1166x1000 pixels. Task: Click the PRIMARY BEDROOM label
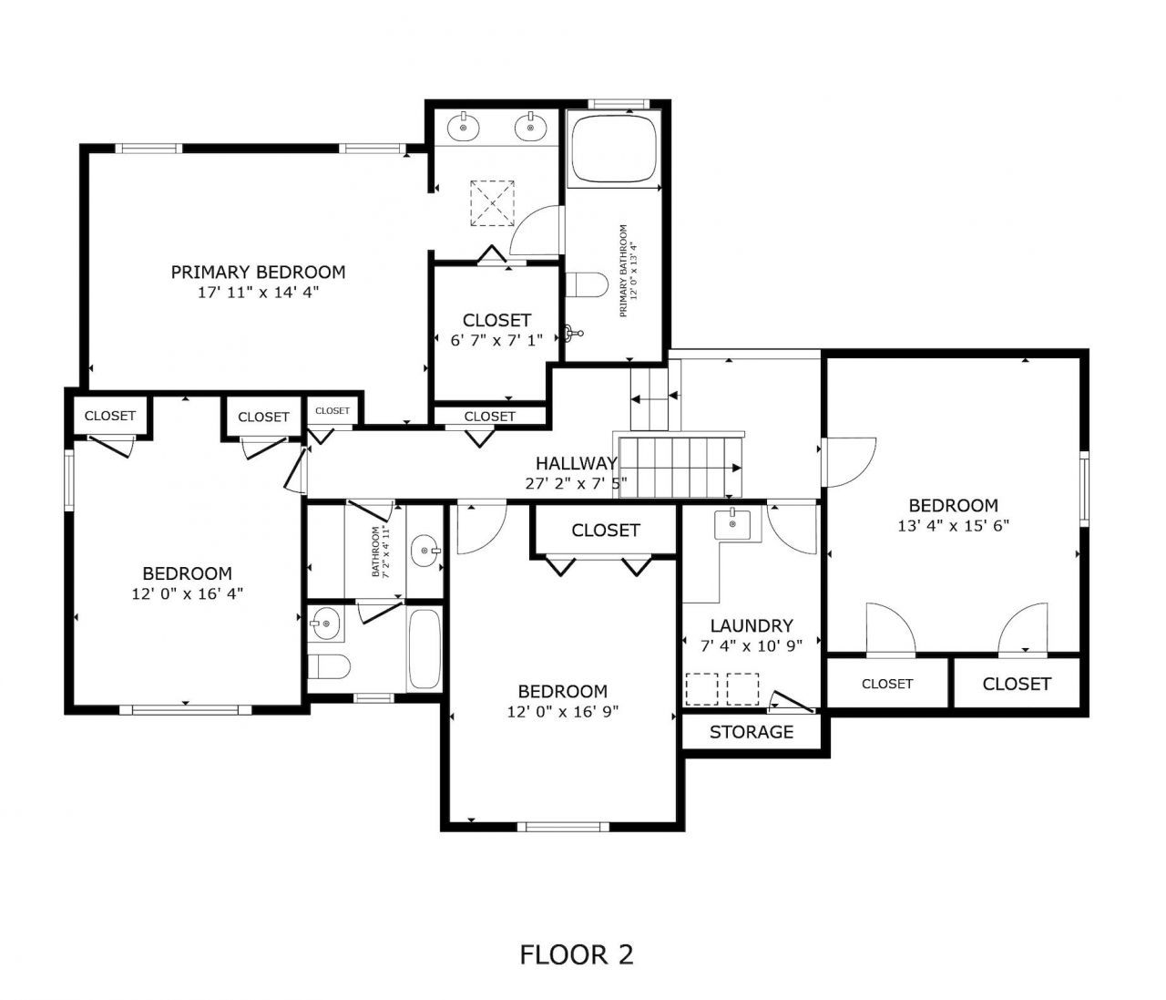(x=258, y=272)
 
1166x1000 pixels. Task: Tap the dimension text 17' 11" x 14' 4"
(x=258, y=293)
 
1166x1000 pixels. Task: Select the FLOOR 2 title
(x=576, y=954)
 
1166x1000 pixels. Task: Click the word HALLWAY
(x=576, y=463)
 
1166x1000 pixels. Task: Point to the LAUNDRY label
(x=752, y=626)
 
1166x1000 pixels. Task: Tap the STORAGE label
(x=752, y=732)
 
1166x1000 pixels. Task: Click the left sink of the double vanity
(x=465, y=128)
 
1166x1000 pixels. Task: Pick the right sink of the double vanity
(x=529, y=128)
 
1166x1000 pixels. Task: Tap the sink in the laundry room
(x=732, y=524)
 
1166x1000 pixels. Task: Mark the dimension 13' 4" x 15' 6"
(x=953, y=525)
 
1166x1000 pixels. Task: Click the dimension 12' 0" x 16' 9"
(x=563, y=712)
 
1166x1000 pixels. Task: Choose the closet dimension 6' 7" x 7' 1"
(x=496, y=340)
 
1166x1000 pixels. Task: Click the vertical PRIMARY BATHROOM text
(x=625, y=271)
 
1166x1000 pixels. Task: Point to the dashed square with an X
(x=493, y=202)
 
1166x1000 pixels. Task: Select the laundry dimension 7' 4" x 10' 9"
(x=752, y=645)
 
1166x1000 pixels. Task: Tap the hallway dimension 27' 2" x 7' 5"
(x=576, y=483)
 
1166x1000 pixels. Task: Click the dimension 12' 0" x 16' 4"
(x=187, y=593)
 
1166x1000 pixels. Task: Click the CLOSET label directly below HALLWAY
(x=606, y=530)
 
